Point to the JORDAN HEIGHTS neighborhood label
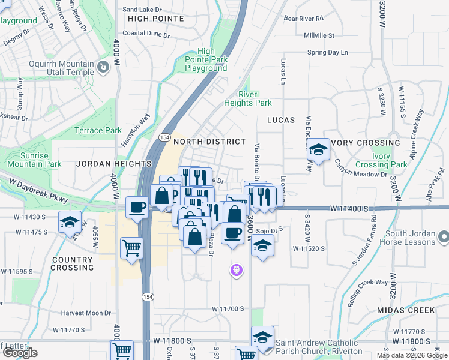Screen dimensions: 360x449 coord(114,164)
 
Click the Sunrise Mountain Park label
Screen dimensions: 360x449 coord(34,159)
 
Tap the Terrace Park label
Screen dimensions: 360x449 coord(98,130)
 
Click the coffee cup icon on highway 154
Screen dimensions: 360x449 coord(137,208)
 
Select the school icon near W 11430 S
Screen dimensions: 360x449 coord(70,222)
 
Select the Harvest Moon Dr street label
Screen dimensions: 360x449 coord(86,313)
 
